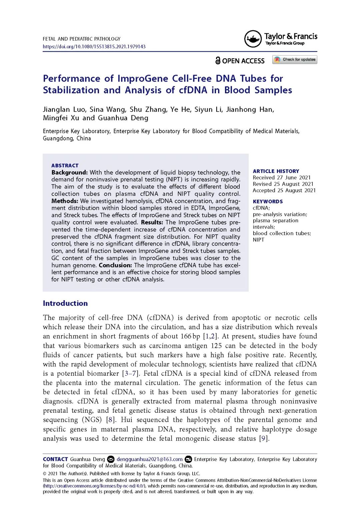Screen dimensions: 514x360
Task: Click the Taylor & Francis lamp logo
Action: pos(253,39)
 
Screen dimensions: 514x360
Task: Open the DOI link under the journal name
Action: pos(94,47)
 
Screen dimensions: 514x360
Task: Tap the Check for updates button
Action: pos(295,60)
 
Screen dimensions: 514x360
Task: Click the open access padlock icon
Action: pos(218,61)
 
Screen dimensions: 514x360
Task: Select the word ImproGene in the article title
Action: pos(143,79)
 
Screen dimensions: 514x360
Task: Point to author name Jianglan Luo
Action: pos(64,110)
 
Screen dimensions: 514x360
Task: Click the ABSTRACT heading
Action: pos(65,166)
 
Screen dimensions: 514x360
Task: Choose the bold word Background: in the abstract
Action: pos(69,173)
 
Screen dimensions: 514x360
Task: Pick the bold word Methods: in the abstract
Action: pos(65,201)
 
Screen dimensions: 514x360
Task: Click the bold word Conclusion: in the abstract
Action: pos(115,265)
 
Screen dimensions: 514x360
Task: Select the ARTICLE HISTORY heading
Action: pos(276,171)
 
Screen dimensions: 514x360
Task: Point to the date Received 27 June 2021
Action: pos(281,178)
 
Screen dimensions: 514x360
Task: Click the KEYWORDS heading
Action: pos(268,202)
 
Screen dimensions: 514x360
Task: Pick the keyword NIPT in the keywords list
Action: pos(258,240)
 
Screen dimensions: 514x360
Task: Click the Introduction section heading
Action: pos(65,303)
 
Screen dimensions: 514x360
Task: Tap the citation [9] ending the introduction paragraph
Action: pos(264,438)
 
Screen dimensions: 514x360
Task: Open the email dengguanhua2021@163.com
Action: pos(149,459)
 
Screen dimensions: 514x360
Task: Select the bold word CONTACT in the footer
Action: pos(55,459)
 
